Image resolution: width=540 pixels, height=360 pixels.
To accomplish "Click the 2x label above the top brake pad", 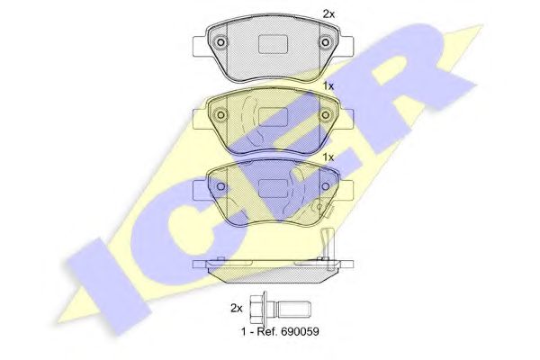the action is (328, 14).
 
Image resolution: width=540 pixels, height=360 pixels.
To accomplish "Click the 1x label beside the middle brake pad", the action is (328, 86).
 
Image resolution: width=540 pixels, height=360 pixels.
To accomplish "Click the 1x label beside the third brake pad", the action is (328, 157).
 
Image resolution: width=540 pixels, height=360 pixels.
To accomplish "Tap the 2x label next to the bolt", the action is (236, 309).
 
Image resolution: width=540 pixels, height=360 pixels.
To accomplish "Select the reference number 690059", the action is (300, 332).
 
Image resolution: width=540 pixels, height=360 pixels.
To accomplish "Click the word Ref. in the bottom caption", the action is (265, 332).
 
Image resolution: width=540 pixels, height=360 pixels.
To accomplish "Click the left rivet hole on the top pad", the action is (221, 43).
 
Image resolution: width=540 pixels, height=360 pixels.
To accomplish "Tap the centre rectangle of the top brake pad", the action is (273, 45).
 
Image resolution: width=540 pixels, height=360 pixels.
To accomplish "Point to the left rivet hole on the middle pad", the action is (221, 114).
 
